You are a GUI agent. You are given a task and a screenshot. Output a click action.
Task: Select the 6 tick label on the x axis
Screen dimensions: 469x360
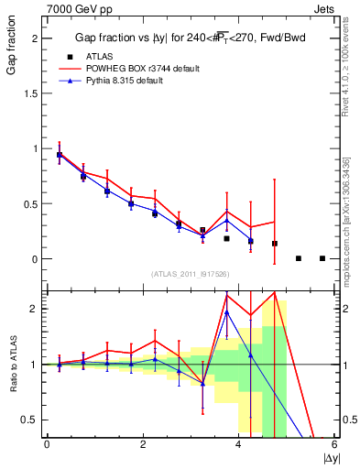tap(334, 445)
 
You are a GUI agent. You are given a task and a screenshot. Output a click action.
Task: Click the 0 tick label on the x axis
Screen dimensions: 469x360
tap(47, 445)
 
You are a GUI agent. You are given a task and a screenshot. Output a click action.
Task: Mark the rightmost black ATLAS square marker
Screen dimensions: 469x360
tap(322, 258)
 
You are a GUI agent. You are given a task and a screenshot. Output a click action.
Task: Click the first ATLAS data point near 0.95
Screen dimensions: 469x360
tap(60, 155)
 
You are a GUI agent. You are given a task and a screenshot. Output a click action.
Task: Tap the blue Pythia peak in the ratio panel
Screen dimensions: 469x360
tap(226, 311)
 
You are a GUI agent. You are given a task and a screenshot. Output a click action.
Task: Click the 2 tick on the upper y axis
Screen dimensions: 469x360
tap(35, 38)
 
